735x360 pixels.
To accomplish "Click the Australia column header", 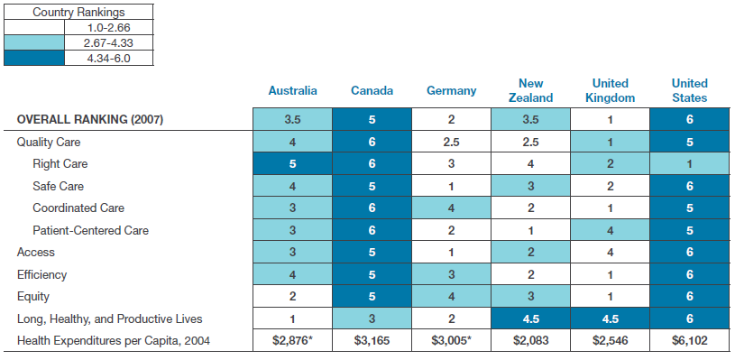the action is click(292, 90).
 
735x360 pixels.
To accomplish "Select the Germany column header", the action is click(452, 90).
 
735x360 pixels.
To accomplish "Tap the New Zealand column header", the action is click(530, 90).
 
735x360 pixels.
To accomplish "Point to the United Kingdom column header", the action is click(610, 90).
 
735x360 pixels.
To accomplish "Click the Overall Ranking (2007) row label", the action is click(90, 119).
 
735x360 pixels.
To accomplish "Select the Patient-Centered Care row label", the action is click(90, 230).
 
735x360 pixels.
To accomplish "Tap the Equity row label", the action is click(32, 297).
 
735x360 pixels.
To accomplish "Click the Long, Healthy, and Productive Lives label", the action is click(110, 319).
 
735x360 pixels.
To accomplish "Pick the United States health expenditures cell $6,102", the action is click(690, 340).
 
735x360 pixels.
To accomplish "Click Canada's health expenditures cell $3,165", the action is click(372, 340).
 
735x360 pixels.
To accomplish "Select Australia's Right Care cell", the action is click(292, 163).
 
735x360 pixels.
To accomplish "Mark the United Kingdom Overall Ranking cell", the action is click(610, 119).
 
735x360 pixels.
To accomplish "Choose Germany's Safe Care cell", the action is click(452, 186).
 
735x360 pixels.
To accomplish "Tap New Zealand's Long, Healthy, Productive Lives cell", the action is click(530, 318).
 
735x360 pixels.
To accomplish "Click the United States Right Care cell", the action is click(690, 163).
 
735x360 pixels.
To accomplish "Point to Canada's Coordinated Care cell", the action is click(372, 208).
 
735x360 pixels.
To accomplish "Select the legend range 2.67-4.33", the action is click(109, 43).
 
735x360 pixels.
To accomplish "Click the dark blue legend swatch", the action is click(33, 58).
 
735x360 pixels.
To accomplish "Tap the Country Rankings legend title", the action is click(78, 13).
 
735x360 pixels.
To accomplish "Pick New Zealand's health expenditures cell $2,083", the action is click(530, 340).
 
